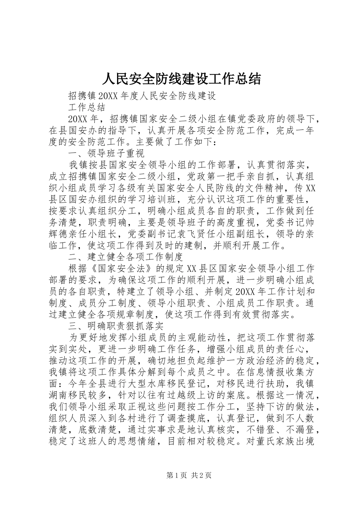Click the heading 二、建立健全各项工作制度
pyautogui.click(x=125, y=257)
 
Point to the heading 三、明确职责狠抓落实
pyautogui.click(x=116, y=325)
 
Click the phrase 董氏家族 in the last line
pyautogui.click(x=277, y=441)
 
